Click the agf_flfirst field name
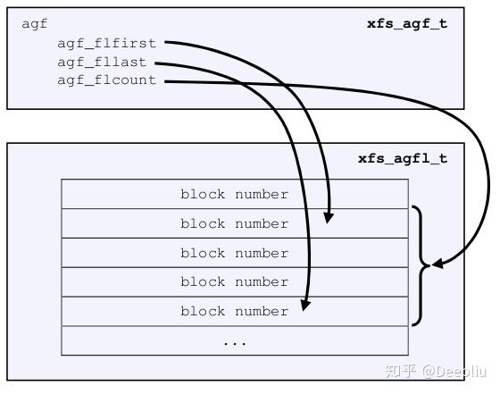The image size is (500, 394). coord(106,42)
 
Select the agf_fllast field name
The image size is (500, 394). coord(102,62)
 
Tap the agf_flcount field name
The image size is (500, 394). coord(106,80)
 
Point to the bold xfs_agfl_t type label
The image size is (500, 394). coord(403,159)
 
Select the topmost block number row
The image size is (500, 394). coord(234,194)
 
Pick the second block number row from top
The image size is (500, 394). coord(234,223)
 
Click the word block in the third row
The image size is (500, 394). coord(202,253)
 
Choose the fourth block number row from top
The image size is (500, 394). coord(234,281)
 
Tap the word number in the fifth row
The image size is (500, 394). coord(262,311)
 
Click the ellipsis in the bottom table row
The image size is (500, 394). coord(234,340)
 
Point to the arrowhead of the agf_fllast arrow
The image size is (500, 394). coord(305,306)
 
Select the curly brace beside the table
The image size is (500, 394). coord(419,264)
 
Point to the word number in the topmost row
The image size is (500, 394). coord(262,194)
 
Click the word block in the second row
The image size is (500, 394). coord(202,223)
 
